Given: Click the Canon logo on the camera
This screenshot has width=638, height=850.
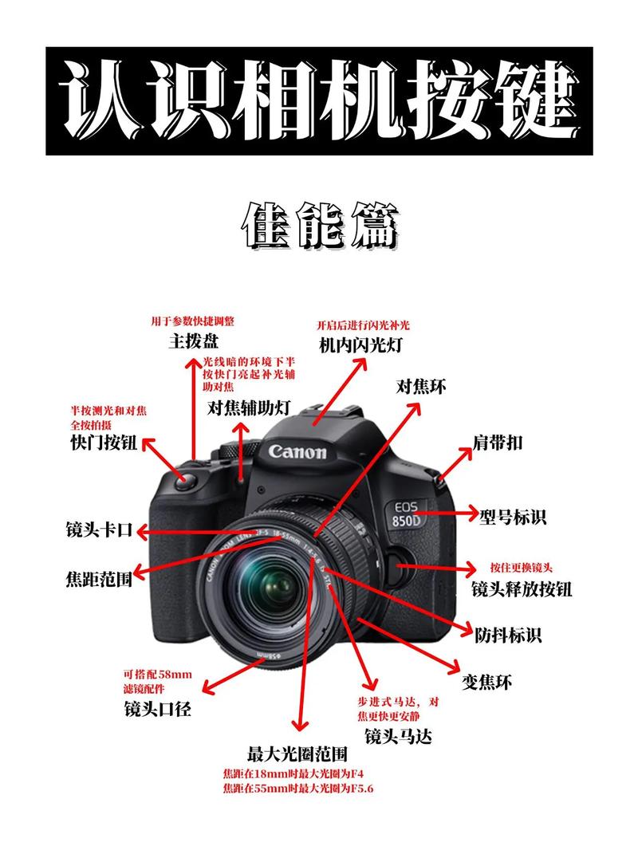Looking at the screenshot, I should (297, 452).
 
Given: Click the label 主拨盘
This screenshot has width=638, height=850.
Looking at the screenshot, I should (193, 342).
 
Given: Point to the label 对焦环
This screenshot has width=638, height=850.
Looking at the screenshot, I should (421, 388).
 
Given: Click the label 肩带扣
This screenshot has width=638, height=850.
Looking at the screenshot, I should (498, 443).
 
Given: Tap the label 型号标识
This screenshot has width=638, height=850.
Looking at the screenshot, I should (513, 517).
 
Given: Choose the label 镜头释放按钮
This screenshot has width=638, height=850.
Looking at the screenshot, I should (522, 589).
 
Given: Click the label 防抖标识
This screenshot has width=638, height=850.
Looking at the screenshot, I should (508, 636).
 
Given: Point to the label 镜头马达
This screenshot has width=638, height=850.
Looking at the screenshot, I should (398, 736).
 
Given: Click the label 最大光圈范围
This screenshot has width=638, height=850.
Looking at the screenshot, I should (297, 754).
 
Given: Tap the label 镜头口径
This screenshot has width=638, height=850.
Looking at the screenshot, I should (158, 709).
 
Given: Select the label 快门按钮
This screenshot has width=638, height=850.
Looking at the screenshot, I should (104, 443).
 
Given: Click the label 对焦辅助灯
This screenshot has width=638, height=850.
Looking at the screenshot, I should (249, 408).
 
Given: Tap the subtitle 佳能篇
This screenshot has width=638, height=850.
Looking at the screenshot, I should (319, 227).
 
